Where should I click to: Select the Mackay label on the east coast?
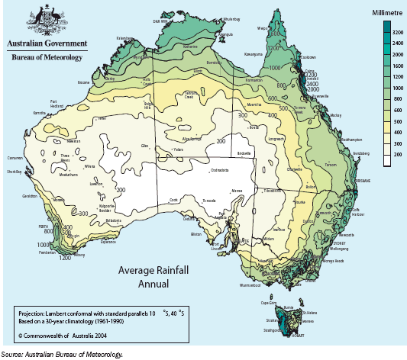[337, 115]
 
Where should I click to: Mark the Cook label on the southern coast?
[173, 201]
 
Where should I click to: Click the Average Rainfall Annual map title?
[153, 276]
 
